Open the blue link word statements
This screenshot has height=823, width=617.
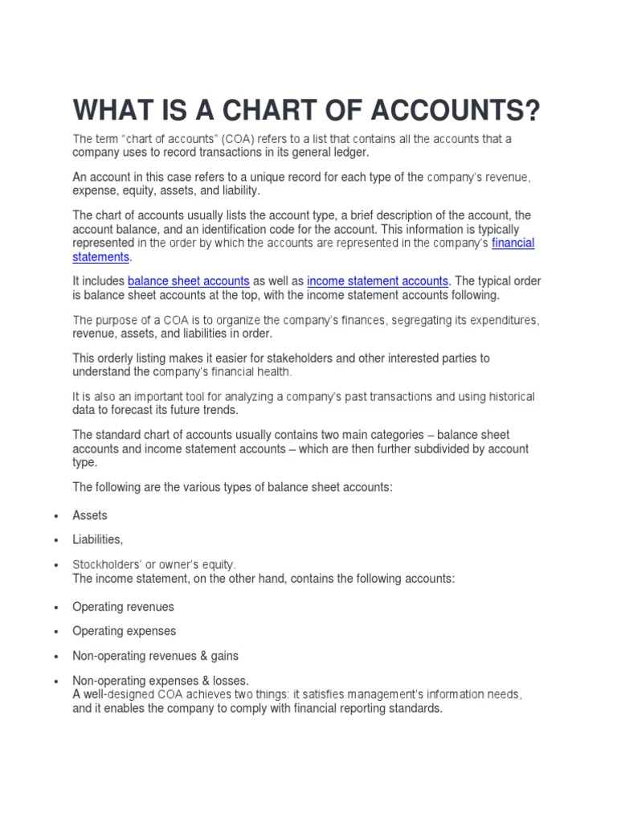tap(100, 256)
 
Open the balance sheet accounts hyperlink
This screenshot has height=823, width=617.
tap(189, 281)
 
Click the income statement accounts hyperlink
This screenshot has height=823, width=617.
tap(378, 281)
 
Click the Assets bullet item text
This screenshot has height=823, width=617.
tap(90, 515)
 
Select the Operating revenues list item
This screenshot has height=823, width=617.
tap(123, 607)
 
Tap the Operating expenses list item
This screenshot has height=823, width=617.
tap(124, 632)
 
